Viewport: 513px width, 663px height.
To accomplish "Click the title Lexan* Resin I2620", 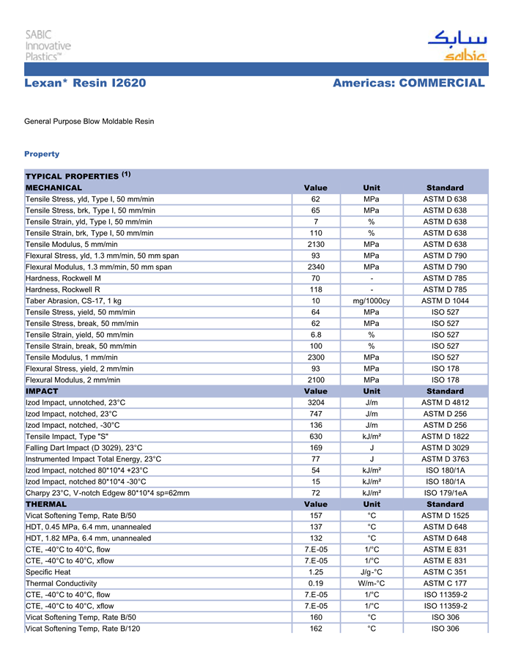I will [85, 84].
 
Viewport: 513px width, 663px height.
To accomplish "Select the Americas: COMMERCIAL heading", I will [408, 84].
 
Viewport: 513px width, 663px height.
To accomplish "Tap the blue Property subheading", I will [42, 154].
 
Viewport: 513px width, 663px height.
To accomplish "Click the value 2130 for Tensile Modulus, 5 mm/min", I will [316, 244].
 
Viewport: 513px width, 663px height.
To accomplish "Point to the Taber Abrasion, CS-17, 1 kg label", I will [73, 301].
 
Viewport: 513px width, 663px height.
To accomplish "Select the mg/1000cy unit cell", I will [372, 301].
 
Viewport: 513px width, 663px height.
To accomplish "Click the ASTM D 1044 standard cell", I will [445, 301].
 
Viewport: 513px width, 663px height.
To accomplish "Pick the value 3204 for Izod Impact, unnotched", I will [316, 403].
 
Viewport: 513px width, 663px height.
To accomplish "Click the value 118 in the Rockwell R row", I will [316, 289].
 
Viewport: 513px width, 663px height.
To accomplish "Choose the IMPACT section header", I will [42, 391].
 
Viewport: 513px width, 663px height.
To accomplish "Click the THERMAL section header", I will [45, 505].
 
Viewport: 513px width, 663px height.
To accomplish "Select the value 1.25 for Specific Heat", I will [316, 573].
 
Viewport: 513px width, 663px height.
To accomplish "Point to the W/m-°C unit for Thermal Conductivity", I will [372, 584].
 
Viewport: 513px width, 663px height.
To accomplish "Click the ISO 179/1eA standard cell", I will [445, 493].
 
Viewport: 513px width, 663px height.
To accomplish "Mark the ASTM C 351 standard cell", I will [445, 573].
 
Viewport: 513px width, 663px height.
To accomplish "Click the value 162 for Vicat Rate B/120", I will [316, 629].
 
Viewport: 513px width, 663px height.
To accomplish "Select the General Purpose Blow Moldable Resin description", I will [89, 121].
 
